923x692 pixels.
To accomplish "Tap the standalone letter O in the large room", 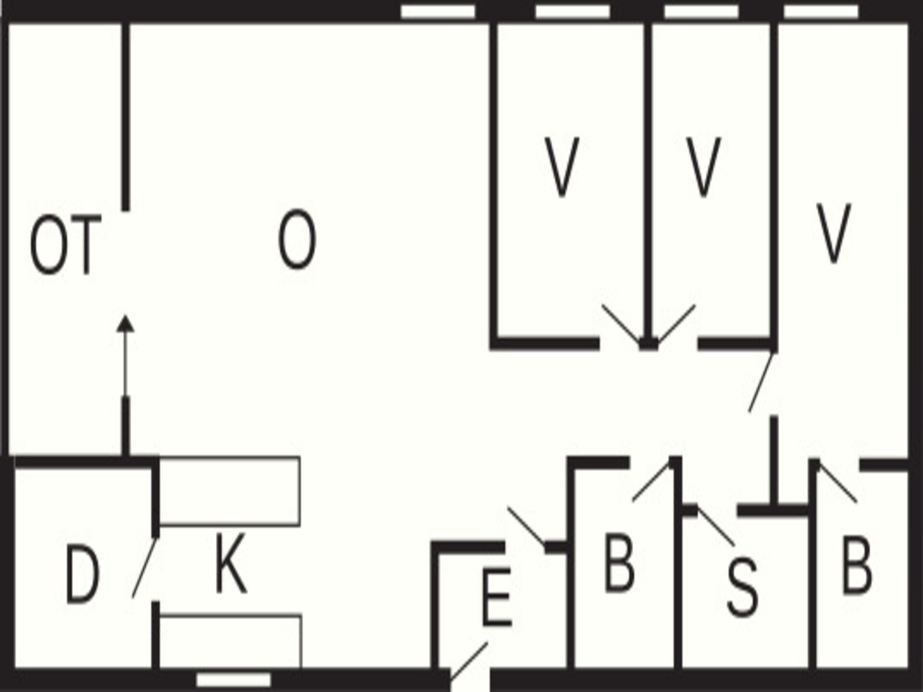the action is point(297,239).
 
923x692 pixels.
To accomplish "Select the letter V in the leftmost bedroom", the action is point(561,167).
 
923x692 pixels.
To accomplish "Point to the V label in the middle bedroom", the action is point(703,167).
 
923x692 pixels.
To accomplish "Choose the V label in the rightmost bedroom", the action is point(833,234).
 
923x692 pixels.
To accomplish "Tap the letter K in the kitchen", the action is point(231,563).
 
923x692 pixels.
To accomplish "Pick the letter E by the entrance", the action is point(496,597).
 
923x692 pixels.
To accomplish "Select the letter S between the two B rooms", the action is point(742,587).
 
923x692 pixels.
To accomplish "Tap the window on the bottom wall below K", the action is point(234,680).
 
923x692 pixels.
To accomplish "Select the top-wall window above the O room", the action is point(438,11).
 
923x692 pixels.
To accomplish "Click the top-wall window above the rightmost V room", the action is point(821,11).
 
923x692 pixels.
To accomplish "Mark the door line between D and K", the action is point(145,568).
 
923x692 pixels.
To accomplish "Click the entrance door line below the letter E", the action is point(469,661).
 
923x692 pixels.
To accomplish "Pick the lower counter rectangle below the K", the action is point(230,642).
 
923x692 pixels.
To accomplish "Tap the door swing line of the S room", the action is point(716,526).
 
